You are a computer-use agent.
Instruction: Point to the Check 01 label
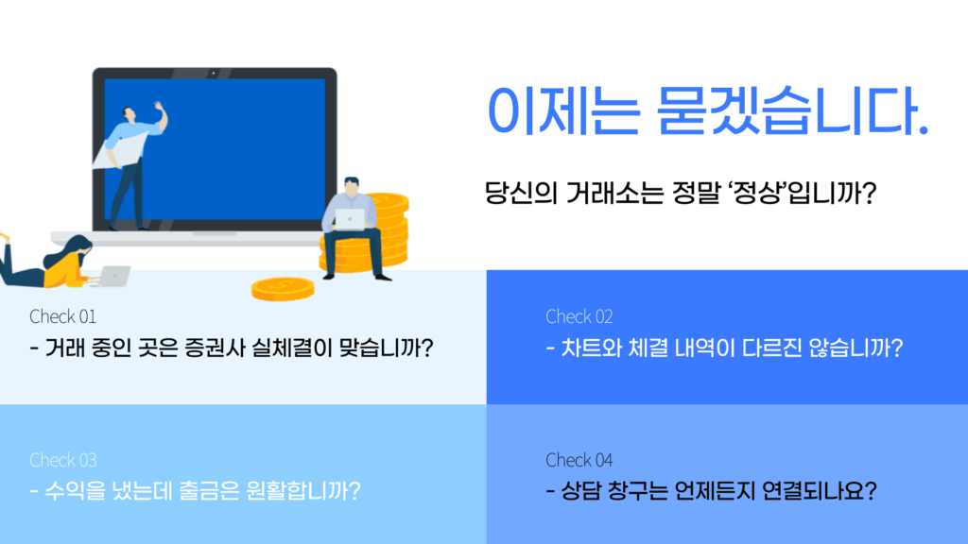(x=63, y=316)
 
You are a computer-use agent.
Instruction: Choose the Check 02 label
(x=579, y=316)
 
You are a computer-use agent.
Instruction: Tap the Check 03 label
(x=63, y=460)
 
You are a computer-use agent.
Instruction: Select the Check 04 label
(x=579, y=460)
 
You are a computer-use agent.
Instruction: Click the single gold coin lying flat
(x=283, y=289)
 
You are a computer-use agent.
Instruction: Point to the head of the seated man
(x=352, y=187)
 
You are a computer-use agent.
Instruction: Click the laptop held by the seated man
(x=350, y=219)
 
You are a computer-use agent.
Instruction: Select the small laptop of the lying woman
(x=114, y=276)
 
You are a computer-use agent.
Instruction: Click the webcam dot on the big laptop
(x=214, y=73)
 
